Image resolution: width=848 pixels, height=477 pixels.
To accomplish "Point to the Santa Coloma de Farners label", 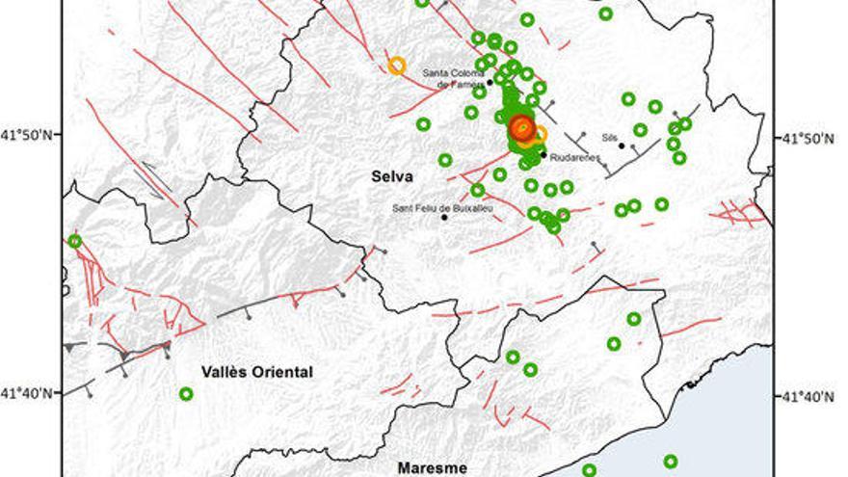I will tap(456, 78).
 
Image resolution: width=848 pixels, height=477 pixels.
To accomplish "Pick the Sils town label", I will tap(608, 137).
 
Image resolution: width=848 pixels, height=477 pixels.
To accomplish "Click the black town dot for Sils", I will tap(623, 146).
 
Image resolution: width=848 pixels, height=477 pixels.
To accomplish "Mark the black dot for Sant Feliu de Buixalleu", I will tap(444, 217).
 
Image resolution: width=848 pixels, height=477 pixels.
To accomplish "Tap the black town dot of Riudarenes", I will tap(543, 154).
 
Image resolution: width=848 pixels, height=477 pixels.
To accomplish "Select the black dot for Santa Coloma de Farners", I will tap(490, 82).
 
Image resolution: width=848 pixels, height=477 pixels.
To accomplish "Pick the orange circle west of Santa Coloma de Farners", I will tap(396, 66).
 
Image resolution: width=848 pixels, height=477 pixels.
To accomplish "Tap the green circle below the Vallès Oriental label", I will tap(186, 393).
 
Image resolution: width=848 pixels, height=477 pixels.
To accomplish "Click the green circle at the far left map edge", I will tap(75, 241).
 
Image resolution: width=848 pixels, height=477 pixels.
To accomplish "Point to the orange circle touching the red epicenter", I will tap(540, 134).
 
